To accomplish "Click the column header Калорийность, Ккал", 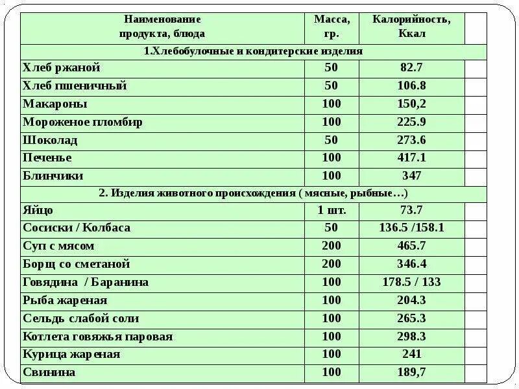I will [x=411, y=26].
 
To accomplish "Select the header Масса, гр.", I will [x=332, y=26].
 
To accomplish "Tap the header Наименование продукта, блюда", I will [x=162, y=26].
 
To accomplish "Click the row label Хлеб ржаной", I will [x=62, y=68].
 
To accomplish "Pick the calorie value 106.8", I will [x=411, y=86].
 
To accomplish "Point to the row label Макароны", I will [x=55, y=104].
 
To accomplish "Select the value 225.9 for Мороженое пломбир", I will [x=411, y=122].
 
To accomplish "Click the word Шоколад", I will [x=50, y=140].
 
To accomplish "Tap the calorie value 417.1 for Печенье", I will [x=411, y=158].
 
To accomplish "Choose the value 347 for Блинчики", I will [x=411, y=176].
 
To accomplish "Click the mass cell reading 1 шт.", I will [x=332, y=210].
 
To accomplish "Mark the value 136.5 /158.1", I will [x=411, y=228].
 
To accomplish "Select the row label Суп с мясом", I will [x=58, y=246].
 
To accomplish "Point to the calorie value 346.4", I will [x=411, y=264].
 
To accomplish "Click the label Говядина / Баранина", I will [x=86, y=282].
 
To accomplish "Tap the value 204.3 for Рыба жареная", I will [x=411, y=300].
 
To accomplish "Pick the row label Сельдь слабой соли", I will [x=81, y=318].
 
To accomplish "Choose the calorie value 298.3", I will [x=411, y=336].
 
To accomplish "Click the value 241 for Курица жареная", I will [x=411, y=354].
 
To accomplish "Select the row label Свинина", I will [x=49, y=372].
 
